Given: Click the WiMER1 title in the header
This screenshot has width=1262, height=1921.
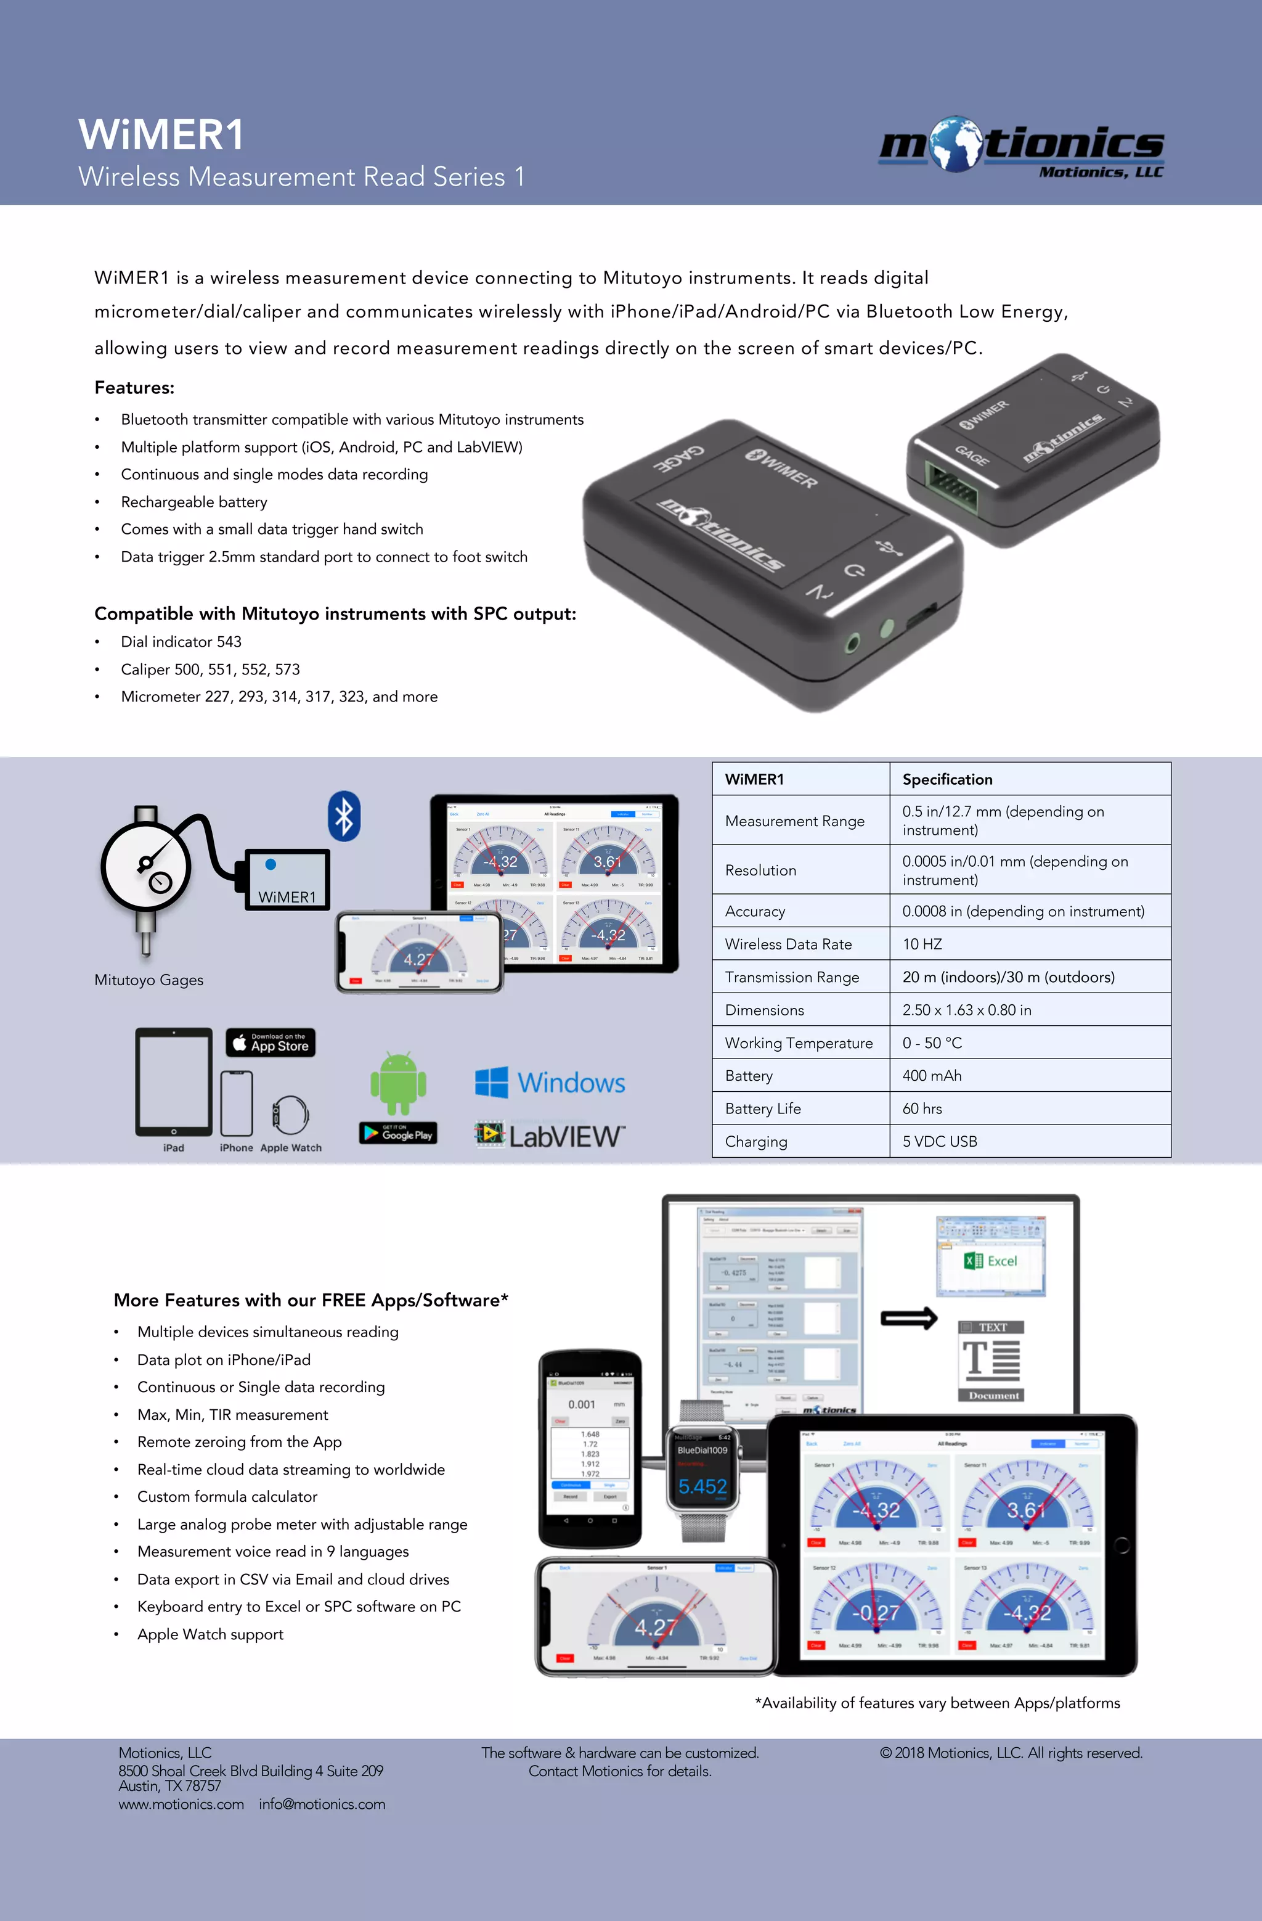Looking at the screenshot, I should pos(161,135).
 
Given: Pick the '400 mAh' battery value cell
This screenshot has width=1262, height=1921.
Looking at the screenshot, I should pos(931,1075).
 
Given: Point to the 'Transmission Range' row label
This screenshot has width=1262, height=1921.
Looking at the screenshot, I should pos(792,977).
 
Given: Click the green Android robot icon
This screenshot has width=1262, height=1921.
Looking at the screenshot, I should pos(398,1083).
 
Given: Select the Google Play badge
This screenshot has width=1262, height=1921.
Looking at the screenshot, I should pos(398,1133).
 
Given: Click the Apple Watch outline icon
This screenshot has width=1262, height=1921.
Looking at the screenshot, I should pos(290,1115).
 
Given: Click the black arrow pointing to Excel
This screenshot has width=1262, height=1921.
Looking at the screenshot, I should pos(908,1318).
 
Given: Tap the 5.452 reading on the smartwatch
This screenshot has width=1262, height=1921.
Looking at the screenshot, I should pos(702,1486).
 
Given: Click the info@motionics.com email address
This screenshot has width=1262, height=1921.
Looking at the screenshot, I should pos(322,1803).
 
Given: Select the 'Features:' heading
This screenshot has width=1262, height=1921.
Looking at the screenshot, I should pos(134,387).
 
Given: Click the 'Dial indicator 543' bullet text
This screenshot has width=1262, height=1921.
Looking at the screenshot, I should pos(181,642).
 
